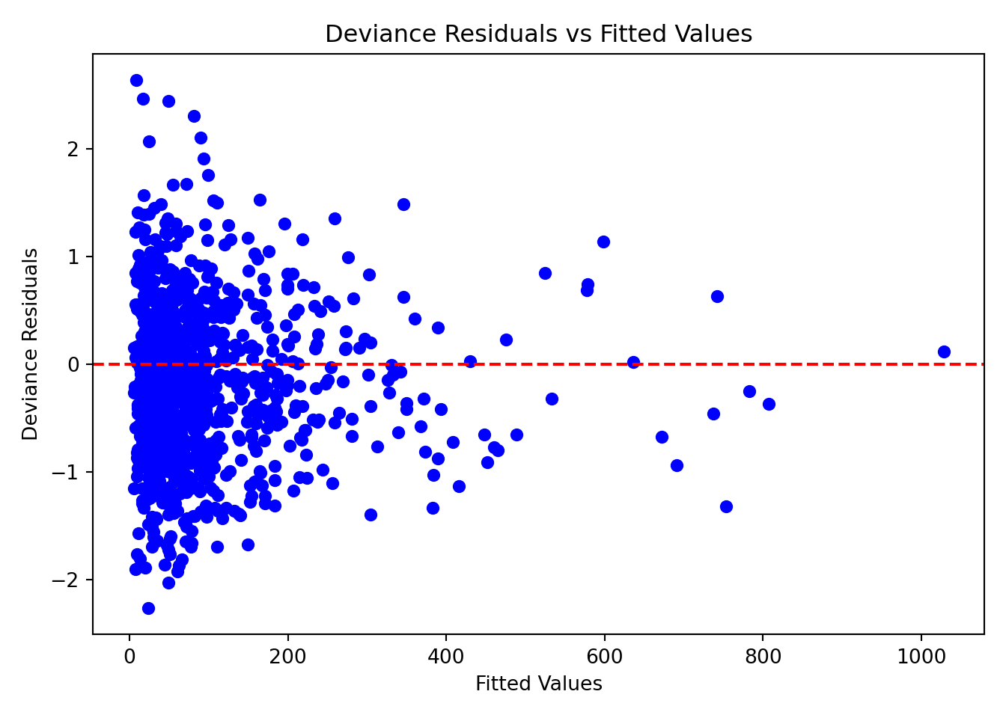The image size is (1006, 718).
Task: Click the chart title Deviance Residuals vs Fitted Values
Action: [538, 34]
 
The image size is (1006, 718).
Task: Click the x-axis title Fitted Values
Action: [538, 684]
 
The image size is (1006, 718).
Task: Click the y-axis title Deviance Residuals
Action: [30, 344]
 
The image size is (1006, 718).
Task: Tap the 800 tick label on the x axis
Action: [763, 657]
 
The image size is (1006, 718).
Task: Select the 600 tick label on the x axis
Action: [604, 657]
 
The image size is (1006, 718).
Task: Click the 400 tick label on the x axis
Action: [446, 657]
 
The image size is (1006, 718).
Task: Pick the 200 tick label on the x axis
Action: [287, 657]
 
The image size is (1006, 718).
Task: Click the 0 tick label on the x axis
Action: [129, 657]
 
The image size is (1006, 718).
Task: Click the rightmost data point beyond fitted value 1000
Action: [944, 352]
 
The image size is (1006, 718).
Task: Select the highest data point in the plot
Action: [136, 80]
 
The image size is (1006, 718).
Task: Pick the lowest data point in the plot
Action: [148, 608]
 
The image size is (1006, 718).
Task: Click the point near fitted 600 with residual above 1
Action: [603, 242]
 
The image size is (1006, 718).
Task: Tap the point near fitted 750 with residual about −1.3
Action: [726, 506]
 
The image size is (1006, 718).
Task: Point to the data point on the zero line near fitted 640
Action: [633, 362]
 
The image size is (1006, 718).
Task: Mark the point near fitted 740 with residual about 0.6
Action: [717, 296]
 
